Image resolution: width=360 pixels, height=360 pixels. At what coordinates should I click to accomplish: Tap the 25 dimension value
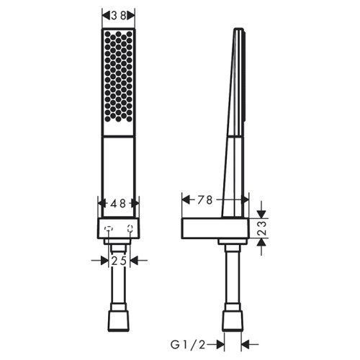point(119,261)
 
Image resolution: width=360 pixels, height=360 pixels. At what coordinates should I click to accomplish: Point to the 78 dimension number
point(204,201)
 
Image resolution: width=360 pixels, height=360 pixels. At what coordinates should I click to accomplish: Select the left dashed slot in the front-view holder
point(107,230)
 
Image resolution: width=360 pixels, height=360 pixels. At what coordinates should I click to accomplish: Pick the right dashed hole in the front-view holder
point(130,230)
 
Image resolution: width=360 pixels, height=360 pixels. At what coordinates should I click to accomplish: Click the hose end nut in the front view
point(119,321)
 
